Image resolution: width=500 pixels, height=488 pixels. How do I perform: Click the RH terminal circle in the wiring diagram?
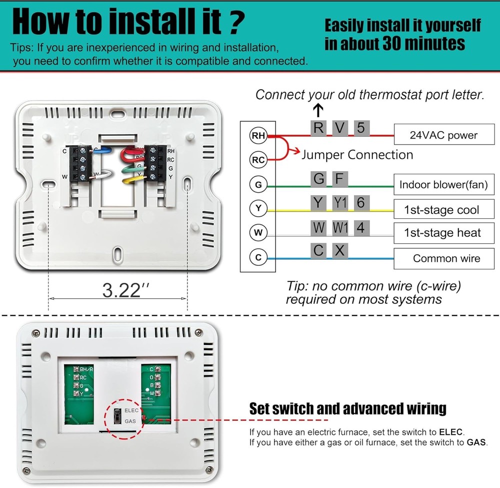258,135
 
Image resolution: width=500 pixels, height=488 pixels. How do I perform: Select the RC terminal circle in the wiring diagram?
258,160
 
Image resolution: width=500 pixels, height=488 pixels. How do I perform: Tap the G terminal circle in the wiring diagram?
258,185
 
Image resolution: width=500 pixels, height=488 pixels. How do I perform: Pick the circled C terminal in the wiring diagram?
258,258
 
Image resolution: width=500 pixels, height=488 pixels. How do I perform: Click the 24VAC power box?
443,135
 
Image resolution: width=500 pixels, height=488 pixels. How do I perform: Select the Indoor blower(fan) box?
443,185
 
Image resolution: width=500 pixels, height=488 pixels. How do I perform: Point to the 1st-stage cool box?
443,210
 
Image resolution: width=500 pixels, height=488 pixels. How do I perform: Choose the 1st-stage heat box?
443,233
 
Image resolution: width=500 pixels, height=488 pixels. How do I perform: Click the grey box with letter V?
339,128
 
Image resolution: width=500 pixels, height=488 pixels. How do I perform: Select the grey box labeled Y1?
340,203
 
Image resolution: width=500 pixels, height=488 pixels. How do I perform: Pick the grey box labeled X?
340,250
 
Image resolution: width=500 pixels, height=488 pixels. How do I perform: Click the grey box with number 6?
361,203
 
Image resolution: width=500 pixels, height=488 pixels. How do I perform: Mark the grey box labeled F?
339,178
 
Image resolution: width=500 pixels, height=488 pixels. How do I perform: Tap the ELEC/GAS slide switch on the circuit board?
117,415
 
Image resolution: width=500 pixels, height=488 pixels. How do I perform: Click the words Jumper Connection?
357,155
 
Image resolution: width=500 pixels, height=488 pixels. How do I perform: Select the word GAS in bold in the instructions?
475,443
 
